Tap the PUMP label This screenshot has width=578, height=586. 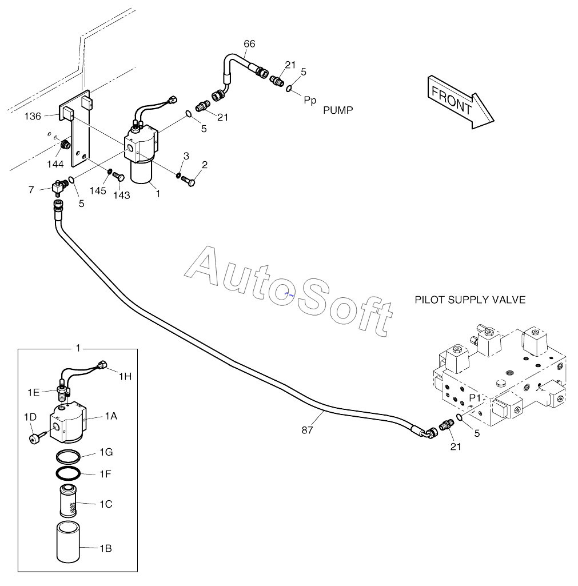[x=338, y=110]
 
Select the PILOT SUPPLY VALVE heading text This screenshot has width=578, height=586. [x=470, y=300]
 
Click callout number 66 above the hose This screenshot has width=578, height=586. [x=249, y=43]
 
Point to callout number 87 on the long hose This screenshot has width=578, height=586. [x=307, y=430]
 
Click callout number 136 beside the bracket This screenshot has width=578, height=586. [x=33, y=116]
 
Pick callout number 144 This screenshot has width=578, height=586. [x=55, y=164]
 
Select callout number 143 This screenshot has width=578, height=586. [x=122, y=195]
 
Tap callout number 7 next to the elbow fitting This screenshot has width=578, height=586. [x=31, y=190]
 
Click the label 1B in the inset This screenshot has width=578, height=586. [x=106, y=548]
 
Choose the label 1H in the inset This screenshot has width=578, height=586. [x=125, y=376]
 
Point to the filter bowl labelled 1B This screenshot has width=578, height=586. [x=68, y=541]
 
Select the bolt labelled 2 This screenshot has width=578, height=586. [x=188, y=181]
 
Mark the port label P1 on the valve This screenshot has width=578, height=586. [x=475, y=398]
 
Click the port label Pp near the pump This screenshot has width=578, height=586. [x=310, y=100]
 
